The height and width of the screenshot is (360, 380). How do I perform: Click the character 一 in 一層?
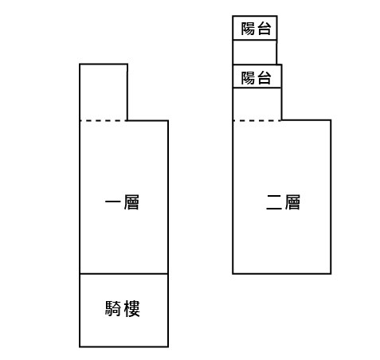tap(113, 202)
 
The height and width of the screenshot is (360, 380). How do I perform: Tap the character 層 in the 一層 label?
tap(131, 202)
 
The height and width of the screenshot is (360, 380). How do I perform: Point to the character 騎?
tap(113, 308)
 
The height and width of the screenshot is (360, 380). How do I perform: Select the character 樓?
tap(131, 308)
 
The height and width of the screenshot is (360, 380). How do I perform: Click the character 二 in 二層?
tap(274, 202)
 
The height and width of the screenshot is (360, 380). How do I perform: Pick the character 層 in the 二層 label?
tap(292, 202)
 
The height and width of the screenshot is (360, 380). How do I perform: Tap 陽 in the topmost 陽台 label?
tap(248, 29)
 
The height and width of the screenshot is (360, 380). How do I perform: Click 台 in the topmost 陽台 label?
tap(264, 29)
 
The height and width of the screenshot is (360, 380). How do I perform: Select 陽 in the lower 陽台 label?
tap(248, 78)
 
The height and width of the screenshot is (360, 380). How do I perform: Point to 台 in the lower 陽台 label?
tap(264, 78)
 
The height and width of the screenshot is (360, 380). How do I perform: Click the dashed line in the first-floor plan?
tap(104, 121)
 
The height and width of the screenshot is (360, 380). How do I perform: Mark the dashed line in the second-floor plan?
tap(257, 121)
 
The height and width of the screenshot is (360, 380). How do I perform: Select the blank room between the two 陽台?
tap(255, 53)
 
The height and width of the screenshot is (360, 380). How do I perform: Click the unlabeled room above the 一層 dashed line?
tap(104, 92)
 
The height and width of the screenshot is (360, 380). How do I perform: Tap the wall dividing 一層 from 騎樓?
tap(124, 274)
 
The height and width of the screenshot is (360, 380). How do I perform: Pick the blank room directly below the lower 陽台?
tap(257, 104)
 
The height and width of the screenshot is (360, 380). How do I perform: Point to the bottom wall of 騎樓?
tap(124, 346)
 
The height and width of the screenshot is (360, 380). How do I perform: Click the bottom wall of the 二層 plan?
tap(282, 273)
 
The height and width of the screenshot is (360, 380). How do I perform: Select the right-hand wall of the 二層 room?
tap(331, 197)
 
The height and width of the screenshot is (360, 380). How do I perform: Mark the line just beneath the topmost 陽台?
tap(255, 40)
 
